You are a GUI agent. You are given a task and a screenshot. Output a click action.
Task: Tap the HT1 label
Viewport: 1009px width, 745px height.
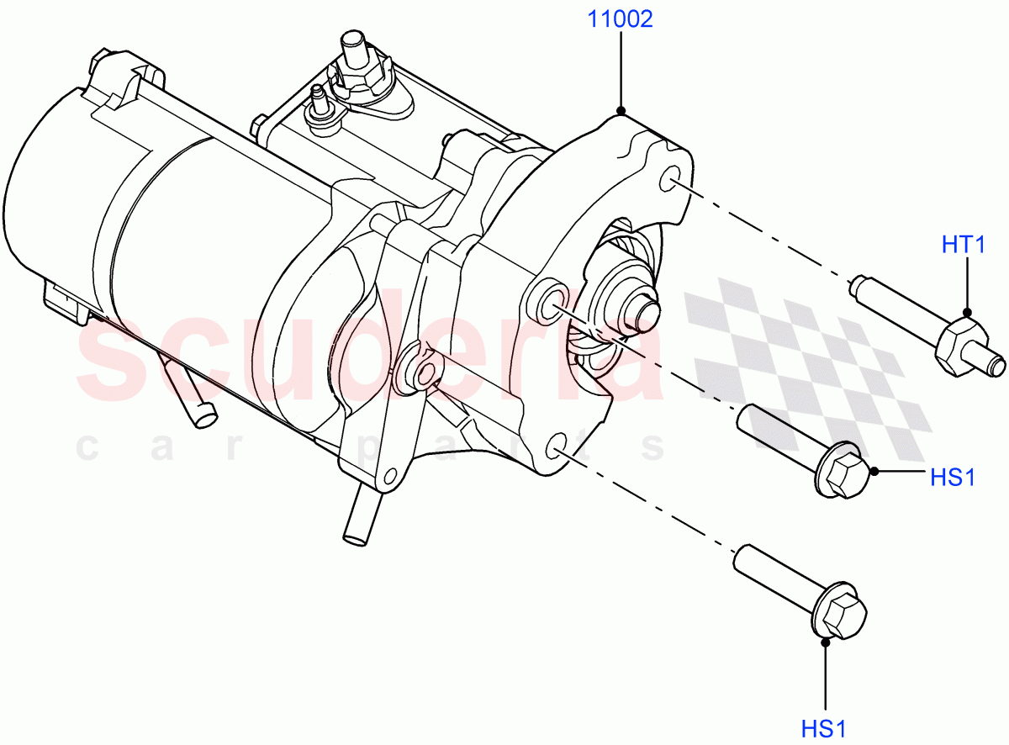tap(964, 246)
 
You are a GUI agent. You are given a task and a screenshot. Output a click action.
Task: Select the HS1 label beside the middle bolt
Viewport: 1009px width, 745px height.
tap(952, 478)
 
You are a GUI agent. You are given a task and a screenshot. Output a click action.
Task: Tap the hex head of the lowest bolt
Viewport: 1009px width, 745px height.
tap(843, 616)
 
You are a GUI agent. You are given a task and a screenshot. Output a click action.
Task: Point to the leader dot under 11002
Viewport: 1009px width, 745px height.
tap(621, 110)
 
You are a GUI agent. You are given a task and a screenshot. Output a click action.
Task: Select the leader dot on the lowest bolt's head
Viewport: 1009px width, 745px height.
tap(825, 641)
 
